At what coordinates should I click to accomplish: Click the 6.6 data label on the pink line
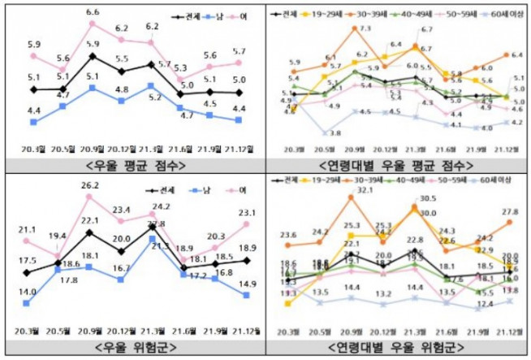(93, 12)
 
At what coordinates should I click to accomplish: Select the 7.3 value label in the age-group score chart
(365, 28)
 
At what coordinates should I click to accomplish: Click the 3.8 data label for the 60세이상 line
(335, 132)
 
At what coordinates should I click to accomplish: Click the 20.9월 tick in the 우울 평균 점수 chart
(93, 149)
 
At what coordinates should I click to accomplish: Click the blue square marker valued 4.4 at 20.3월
(33, 122)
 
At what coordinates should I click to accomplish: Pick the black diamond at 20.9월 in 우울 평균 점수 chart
(93, 57)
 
